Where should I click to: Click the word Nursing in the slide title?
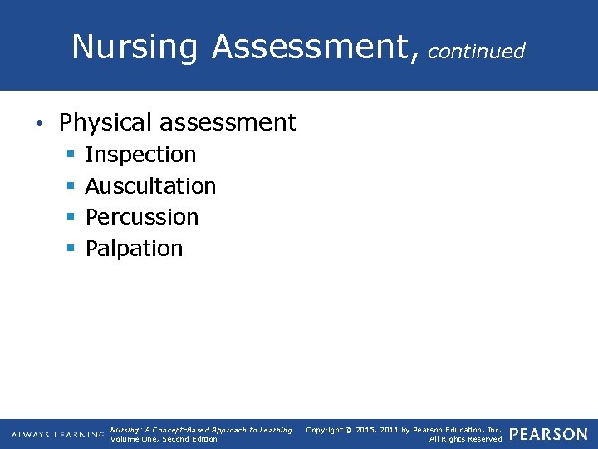pos(135,47)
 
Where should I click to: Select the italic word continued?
pos(477,52)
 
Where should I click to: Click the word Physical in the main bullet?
pos(105,123)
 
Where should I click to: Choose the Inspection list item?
pos(140,155)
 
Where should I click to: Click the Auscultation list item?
pos(150,186)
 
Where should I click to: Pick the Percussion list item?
pos(142,217)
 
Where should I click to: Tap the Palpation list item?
pos(134,249)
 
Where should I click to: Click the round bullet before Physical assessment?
pos(39,124)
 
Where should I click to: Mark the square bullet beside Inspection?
pos(71,155)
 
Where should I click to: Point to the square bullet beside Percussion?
pos(71,218)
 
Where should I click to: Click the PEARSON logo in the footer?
pos(548,434)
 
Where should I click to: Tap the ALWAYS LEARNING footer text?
pos(57,435)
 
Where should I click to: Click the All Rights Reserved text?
pos(465,439)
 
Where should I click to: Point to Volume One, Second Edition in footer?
pos(164,439)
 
